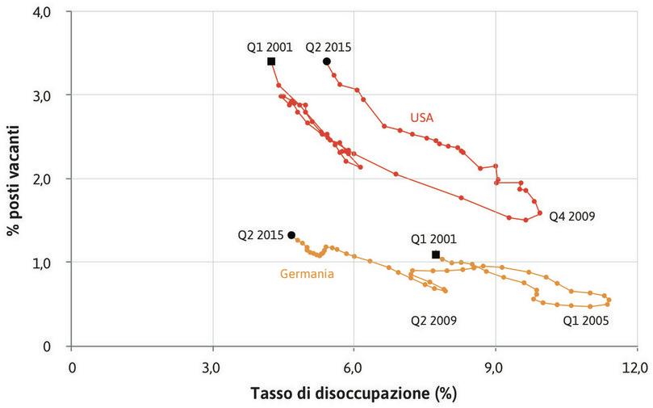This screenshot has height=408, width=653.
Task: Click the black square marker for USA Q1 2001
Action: coord(271,61)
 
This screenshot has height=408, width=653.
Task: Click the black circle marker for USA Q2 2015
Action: coord(327,61)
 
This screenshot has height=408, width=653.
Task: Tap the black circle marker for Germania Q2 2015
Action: coord(291,235)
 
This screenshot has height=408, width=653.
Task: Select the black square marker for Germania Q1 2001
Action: coord(436,254)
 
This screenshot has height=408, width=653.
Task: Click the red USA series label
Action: coord(421,117)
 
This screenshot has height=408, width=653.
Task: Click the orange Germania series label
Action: coord(307,274)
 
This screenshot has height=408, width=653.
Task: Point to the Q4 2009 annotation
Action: coord(571,217)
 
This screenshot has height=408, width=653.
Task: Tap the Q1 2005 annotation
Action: coord(584,320)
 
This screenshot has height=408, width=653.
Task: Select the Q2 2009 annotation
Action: coord(434,320)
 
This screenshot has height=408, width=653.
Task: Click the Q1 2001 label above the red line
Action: coord(270,47)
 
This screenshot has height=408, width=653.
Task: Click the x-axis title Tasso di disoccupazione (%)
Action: coord(354,394)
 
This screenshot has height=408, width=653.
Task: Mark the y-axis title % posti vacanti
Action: coord(13,179)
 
